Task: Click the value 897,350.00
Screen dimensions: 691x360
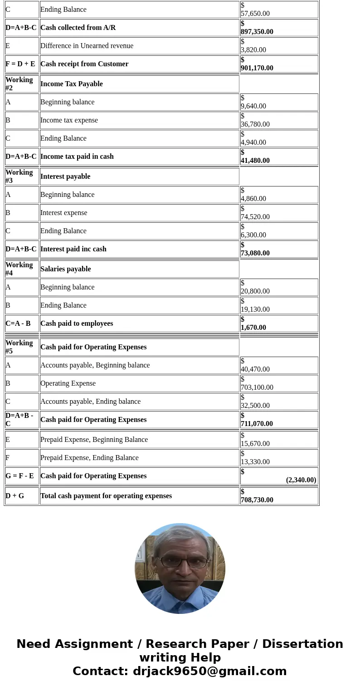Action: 257,32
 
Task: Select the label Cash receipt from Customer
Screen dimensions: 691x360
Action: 84,64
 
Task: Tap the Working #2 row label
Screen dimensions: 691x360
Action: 19,84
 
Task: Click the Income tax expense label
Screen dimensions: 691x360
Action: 69,120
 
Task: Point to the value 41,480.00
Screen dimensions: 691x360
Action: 255,161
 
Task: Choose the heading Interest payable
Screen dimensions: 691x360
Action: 65,176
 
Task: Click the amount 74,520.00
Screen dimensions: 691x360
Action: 255,217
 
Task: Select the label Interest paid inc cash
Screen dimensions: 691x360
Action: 73,249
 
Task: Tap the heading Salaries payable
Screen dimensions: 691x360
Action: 66,269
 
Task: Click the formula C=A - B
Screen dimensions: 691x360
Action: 18,323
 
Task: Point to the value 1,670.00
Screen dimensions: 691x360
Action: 253,328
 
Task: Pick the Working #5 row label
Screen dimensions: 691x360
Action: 19,347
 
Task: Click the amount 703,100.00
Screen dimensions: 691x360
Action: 257,387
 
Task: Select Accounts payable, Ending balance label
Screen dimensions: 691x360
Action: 90,402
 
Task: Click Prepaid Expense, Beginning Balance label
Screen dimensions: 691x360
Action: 94,440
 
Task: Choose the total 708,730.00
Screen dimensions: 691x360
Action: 257,500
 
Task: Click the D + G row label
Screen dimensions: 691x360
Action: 15,496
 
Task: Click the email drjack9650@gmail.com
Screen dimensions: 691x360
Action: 209,671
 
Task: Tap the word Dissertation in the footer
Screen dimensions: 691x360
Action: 302,644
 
